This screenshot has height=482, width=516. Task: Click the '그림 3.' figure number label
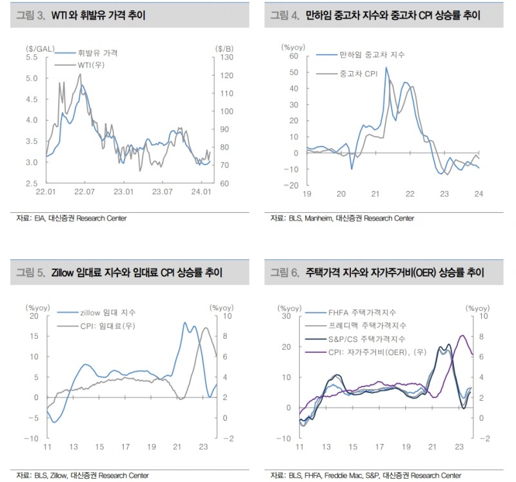coord(31,15)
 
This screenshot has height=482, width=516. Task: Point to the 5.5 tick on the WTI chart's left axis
coord(31,57)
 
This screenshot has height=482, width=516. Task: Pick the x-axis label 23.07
coord(163,192)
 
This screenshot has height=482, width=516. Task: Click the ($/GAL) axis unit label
coord(39,48)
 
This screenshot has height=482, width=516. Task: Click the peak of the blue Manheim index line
coord(386,68)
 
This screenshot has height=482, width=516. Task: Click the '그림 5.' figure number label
coord(31,274)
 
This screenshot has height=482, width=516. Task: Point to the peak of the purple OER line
coord(462,335)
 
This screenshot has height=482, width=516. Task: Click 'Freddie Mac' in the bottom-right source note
coord(337,476)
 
